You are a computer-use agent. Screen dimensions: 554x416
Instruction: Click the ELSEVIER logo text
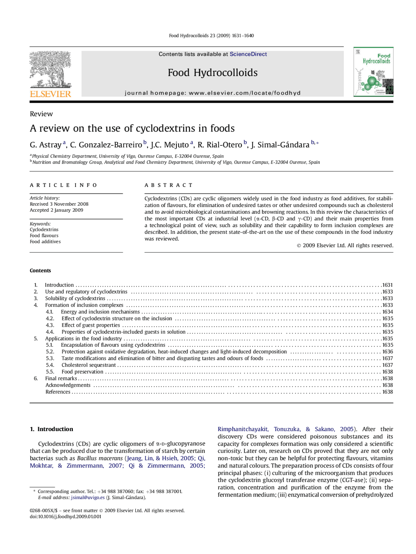click(x=50, y=94)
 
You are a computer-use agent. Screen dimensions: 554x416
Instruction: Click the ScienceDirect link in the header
click(x=248, y=54)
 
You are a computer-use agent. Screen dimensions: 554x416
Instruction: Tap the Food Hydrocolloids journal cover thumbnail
click(x=373, y=72)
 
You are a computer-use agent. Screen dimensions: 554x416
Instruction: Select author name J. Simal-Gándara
click(x=280, y=145)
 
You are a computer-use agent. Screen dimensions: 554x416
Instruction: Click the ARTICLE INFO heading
click(x=63, y=185)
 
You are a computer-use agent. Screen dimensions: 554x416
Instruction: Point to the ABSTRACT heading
click(x=168, y=185)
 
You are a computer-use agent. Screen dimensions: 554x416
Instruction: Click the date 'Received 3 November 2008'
click(x=59, y=204)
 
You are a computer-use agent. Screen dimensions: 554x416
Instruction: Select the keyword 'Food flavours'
click(x=44, y=236)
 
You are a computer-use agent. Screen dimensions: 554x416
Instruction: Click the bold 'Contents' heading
click(x=40, y=271)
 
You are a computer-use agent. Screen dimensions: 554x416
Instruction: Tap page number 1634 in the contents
click(x=387, y=312)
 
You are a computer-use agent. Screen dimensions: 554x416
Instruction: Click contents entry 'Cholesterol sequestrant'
click(x=88, y=365)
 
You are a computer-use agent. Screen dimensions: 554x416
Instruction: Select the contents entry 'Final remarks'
click(x=61, y=378)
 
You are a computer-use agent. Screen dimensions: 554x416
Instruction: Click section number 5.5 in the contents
click(x=50, y=372)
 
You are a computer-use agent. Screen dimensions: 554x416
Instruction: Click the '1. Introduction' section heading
click(x=51, y=429)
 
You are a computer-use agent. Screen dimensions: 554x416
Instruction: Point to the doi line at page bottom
click(x=65, y=517)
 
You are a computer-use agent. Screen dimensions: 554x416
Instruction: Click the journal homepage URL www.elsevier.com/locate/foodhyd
click(x=244, y=93)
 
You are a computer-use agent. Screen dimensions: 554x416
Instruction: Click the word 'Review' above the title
click(x=41, y=114)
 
